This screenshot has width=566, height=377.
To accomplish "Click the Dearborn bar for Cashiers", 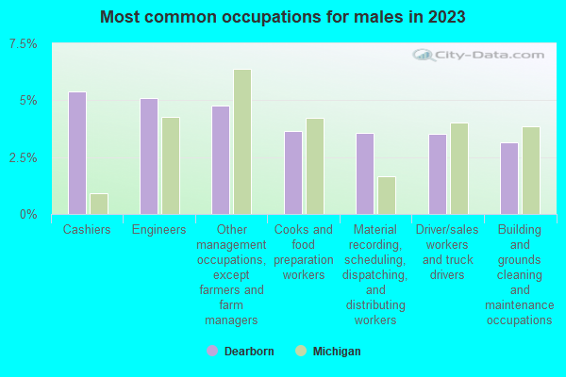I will point(77,153).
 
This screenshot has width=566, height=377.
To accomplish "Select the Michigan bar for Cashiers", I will point(99,204).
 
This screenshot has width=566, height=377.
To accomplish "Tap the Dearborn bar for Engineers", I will point(149,156).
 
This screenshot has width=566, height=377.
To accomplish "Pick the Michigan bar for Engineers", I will point(171,166).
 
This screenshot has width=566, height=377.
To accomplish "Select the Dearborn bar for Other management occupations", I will point(221,160).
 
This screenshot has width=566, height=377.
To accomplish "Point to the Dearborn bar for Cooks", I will point(293,172).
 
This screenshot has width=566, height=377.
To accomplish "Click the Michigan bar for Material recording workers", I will point(387,195).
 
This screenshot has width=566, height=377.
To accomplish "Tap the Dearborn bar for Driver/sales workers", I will point(438,174).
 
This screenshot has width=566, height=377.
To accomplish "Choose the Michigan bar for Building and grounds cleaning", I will point(531,171).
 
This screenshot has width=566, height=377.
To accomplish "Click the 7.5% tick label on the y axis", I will point(23,44).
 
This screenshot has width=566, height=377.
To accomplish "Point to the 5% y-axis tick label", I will point(29,101).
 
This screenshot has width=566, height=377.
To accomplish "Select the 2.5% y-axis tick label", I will point(23,157).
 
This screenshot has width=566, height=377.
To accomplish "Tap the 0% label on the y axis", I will point(29,214).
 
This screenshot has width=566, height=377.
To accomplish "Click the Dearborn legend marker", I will point(212,351).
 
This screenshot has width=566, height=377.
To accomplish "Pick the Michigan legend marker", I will point(301,351).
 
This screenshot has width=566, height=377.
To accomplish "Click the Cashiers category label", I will point(87,229).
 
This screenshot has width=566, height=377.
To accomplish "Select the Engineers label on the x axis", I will point(158,229).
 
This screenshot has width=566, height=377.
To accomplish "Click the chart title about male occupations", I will point(283,17).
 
